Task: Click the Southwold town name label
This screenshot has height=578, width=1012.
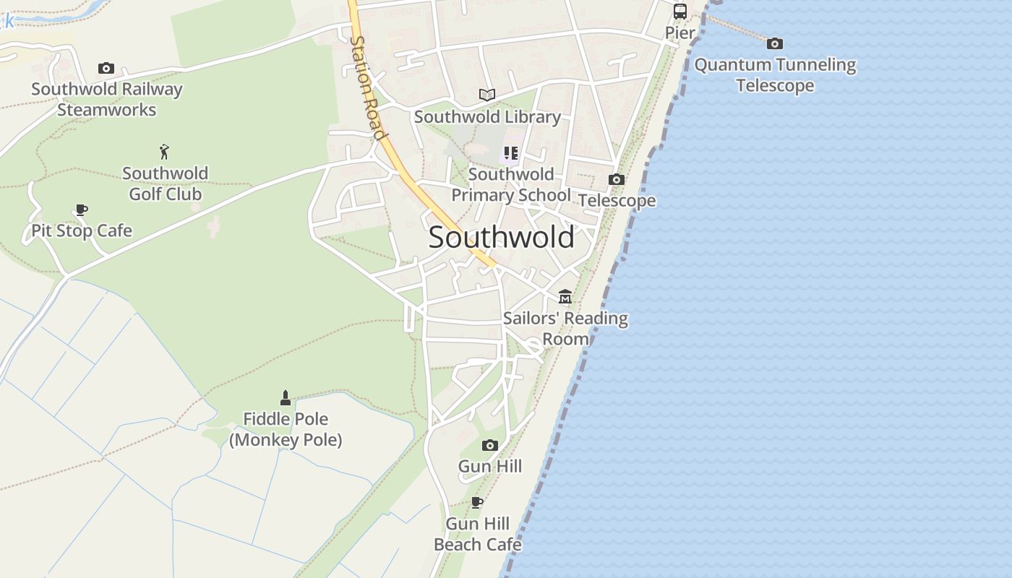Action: coord(502,237)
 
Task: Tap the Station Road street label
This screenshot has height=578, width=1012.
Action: coord(367,87)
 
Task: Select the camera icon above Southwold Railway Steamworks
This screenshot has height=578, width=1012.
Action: coord(106,68)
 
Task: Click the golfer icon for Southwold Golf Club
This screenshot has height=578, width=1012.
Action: coord(165,152)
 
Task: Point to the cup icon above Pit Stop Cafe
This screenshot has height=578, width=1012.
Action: coord(82,210)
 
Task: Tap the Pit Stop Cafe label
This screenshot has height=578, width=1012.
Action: coord(82,230)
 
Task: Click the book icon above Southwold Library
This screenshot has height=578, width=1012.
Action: coord(487,95)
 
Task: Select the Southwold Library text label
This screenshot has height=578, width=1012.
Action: coord(487,116)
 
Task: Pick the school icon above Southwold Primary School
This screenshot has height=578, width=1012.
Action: coord(511,153)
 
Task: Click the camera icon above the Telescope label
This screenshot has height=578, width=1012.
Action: coord(617,179)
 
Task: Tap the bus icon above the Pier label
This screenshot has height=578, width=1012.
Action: coord(680,12)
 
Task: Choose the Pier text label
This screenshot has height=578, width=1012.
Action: coord(680,33)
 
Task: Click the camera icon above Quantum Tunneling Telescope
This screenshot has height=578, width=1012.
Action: coord(775,43)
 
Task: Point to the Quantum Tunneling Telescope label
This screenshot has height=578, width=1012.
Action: coord(775,75)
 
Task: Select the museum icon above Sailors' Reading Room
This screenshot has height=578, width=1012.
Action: coord(565,297)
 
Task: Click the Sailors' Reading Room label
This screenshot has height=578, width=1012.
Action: coord(565,328)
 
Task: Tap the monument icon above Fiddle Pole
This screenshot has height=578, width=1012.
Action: coord(286,397)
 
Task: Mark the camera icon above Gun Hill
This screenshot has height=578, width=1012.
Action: coord(490,445)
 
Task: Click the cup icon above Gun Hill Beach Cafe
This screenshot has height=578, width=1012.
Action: coord(477,502)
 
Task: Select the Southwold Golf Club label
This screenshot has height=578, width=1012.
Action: coord(165,184)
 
